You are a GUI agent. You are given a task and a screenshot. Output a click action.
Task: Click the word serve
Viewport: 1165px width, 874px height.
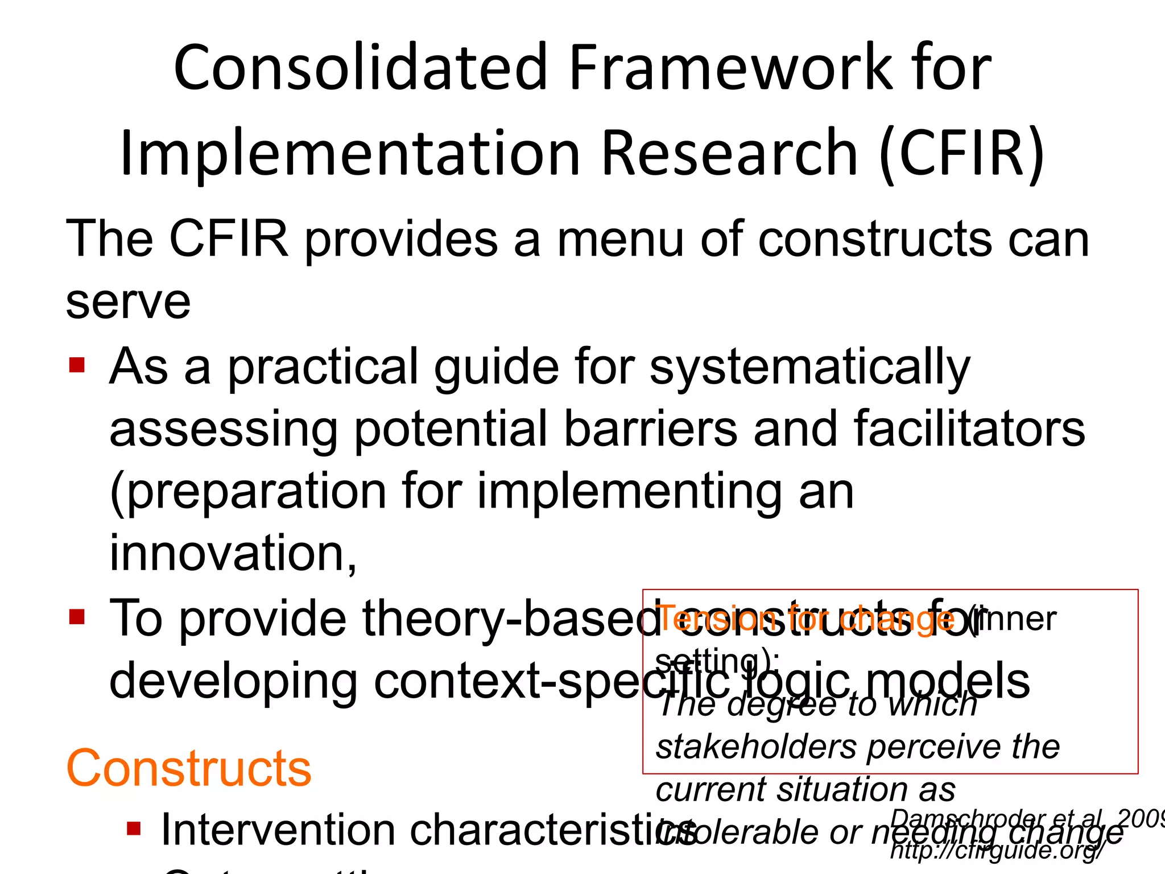point(128,302)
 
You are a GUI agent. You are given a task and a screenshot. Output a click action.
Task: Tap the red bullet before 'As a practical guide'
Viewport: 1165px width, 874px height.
point(77,364)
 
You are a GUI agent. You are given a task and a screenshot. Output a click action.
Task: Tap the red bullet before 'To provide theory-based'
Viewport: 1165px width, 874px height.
point(77,617)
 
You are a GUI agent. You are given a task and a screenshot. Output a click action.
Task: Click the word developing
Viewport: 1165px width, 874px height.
point(233,681)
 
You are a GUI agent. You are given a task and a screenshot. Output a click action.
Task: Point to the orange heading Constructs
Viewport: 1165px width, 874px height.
point(189,768)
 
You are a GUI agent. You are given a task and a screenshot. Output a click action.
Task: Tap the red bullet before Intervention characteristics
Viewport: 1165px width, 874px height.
point(134,829)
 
